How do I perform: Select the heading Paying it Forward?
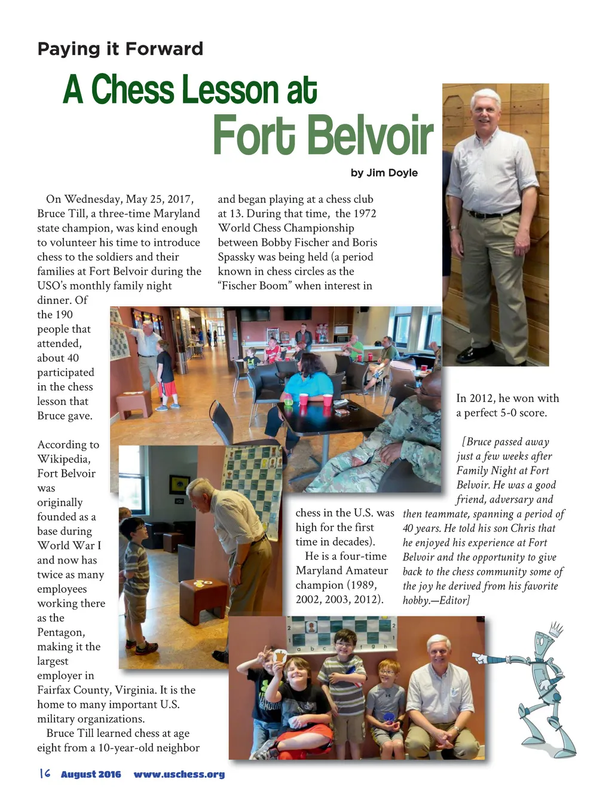pyautogui.click(x=120, y=48)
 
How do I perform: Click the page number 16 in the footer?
pyautogui.click(x=44, y=773)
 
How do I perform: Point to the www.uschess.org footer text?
pyautogui.click(x=179, y=774)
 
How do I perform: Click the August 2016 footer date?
pyautogui.click(x=91, y=774)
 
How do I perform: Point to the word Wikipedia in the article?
pyautogui.click(x=64, y=459)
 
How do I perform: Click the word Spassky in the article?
pyautogui.click(x=238, y=257)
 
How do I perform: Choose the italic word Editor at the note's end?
pyautogui.click(x=454, y=600)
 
